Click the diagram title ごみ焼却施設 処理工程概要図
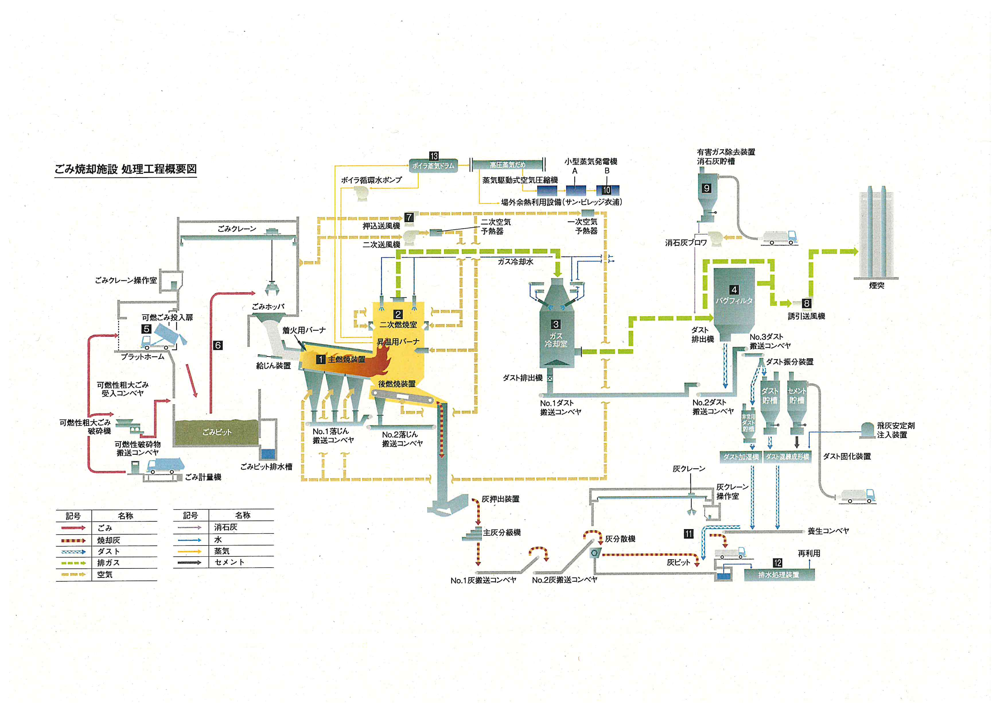click(x=125, y=169)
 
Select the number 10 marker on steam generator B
click(x=606, y=190)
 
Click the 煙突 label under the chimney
click(x=876, y=285)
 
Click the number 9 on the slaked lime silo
click(x=706, y=188)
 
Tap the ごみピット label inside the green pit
click(x=217, y=432)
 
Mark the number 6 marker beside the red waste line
click(x=218, y=345)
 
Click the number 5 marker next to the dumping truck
click(x=146, y=329)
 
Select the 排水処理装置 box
click(x=779, y=575)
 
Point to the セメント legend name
click(x=229, y=562)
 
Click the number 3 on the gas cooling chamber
click(x=556, y=324)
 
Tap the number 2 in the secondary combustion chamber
click(x=398, y=314)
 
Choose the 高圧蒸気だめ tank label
click(x=507, y=165)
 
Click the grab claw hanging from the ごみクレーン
click(x=272, y=289)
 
